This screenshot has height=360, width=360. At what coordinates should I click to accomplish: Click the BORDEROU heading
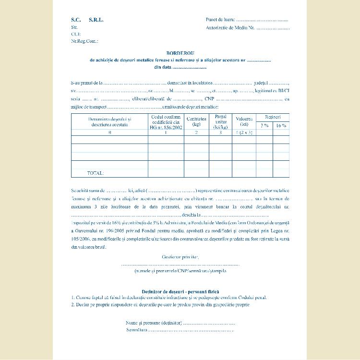(x=180, y=53)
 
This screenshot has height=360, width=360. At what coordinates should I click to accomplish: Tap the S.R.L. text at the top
(x=96, y=20)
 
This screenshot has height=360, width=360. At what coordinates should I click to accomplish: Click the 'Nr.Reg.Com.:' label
(x=84, y=41)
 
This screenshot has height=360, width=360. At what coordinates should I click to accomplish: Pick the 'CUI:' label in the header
(x=76, y=34)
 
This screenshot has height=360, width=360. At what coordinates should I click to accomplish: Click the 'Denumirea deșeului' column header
(x=109, y=121)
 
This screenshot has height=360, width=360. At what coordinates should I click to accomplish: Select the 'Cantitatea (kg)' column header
(x=196, y=121)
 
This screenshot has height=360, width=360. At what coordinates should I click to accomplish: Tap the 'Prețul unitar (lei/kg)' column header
(x=220, y=121)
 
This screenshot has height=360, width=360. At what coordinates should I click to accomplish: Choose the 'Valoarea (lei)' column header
(x=244, y=121)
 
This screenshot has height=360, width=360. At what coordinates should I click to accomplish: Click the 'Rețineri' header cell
(x=273, y=117)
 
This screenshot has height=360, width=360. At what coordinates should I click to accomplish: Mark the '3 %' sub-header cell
(x=264, y=125)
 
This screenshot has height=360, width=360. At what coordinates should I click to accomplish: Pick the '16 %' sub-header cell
(x=281, y=125)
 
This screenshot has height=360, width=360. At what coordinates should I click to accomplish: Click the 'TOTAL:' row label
(x=95, y=173)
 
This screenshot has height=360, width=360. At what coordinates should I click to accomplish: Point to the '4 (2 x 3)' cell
(x=244, y=132)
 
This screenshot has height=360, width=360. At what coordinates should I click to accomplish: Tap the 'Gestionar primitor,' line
(x=180, y=258)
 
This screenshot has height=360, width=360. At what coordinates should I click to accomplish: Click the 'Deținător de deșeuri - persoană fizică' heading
(x=180, y=291)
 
